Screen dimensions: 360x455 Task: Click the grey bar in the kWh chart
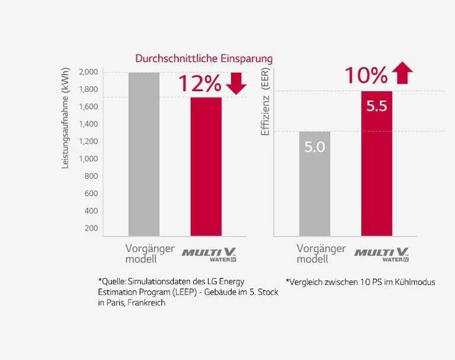pyautogui.click(x=144, y=154)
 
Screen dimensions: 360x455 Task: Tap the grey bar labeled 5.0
pyautogui.click(x=314, y=184)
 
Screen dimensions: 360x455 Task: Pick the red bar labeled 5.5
pyautogui.click(x=376, y=163)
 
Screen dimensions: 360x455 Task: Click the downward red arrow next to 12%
pyautogui.click(x=236, y=83)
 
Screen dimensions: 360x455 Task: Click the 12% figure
pyautogui.click(x=200, y=83)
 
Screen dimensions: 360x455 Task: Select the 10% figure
pyautogui.click(x=366, y=75)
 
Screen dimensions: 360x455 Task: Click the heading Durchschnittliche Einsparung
pyautogui.click(x=204, y=59)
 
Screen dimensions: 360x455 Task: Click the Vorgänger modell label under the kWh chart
pyautogui.click(x=142, y=254)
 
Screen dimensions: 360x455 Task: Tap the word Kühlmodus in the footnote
pyautogui.click(x=414, y=282)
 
